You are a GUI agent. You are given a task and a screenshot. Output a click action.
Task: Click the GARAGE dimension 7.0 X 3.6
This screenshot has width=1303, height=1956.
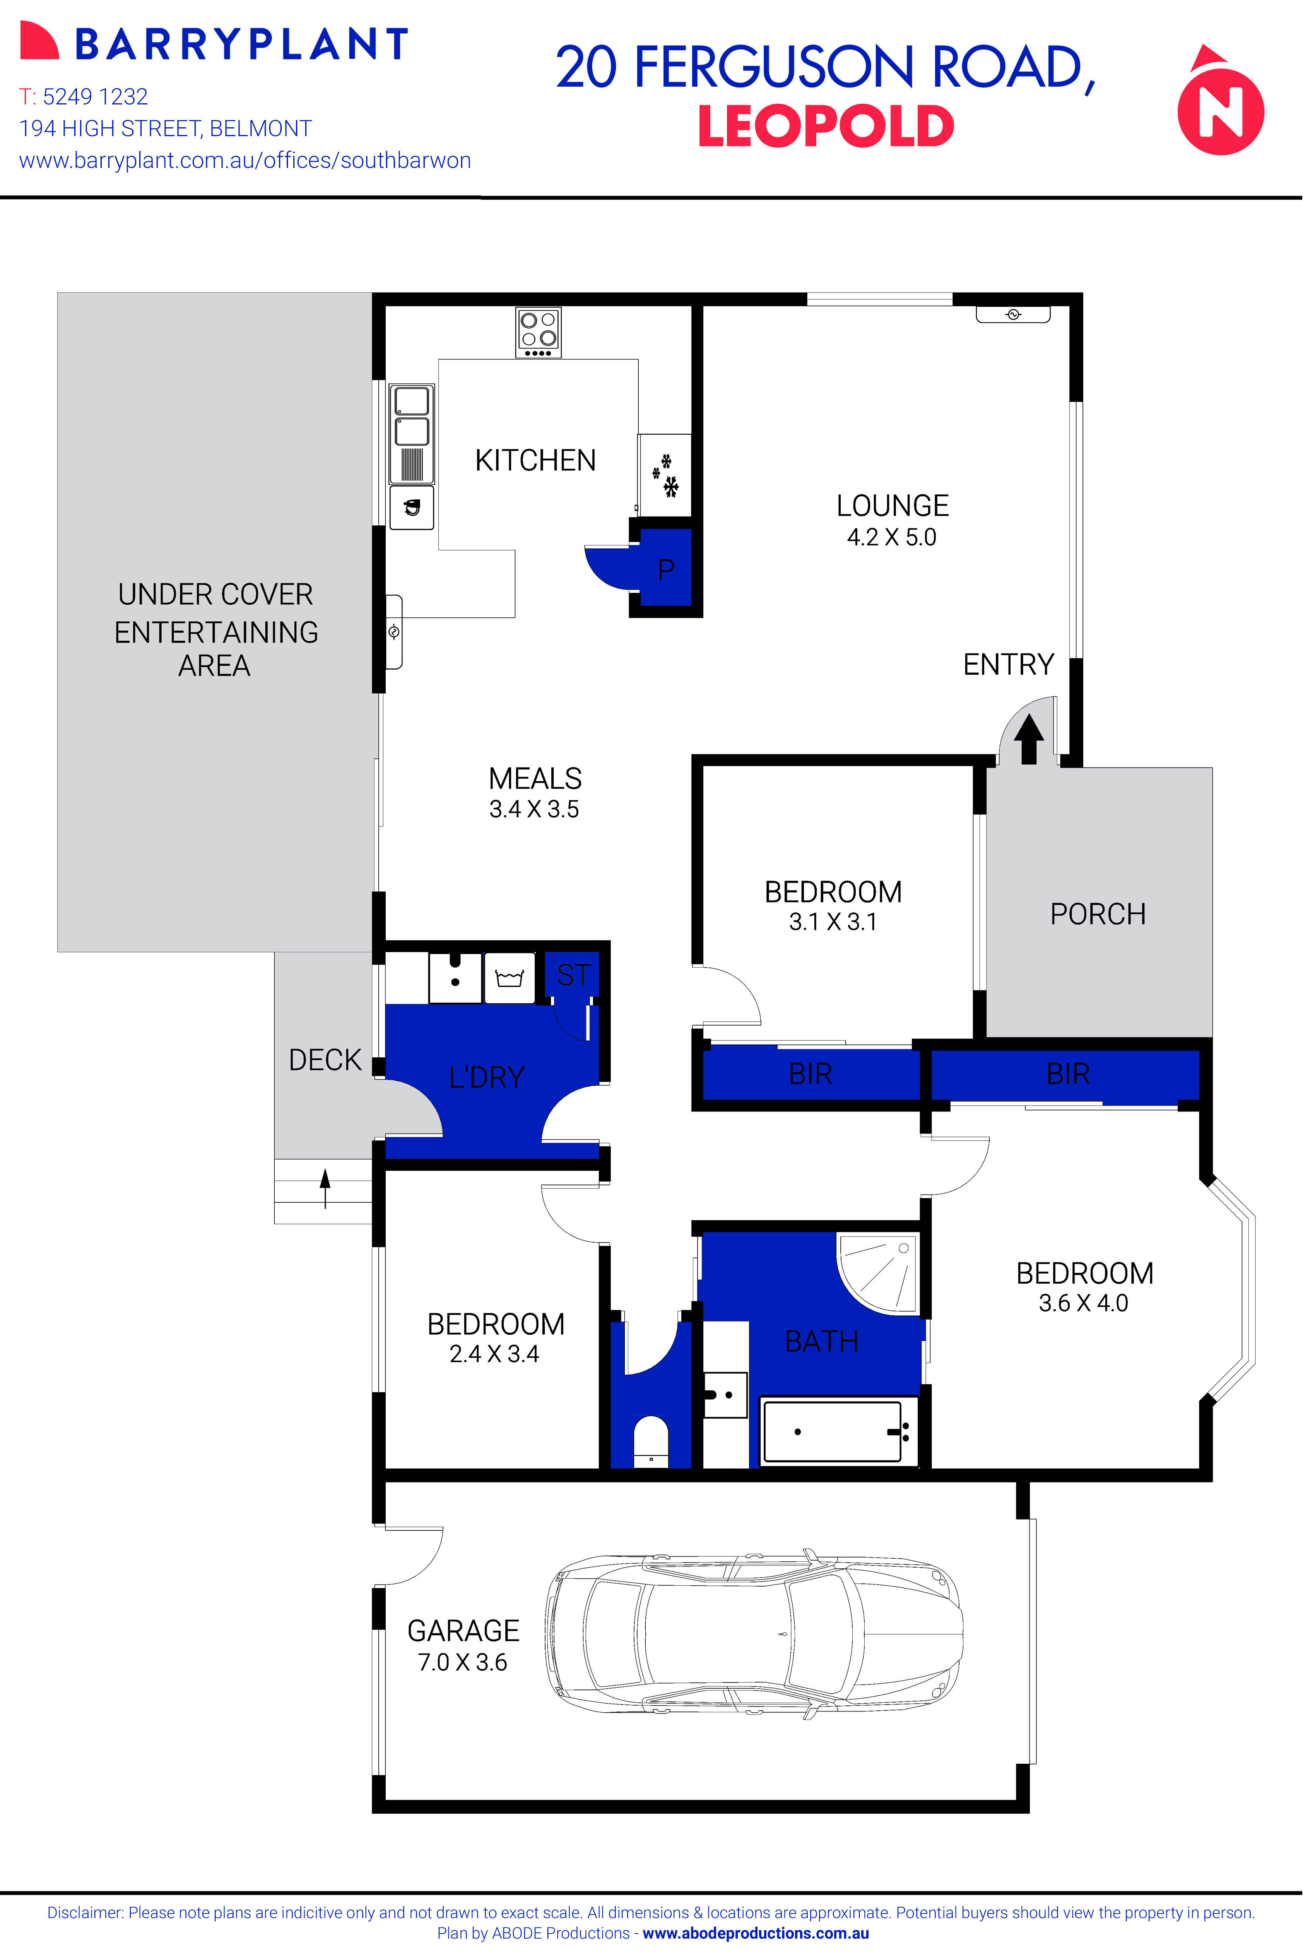[462, 1662]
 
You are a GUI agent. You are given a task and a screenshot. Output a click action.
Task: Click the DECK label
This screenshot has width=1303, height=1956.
[325, 1060]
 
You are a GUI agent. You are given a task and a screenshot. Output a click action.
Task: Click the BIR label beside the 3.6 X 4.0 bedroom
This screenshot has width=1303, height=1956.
[1068, 1074]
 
